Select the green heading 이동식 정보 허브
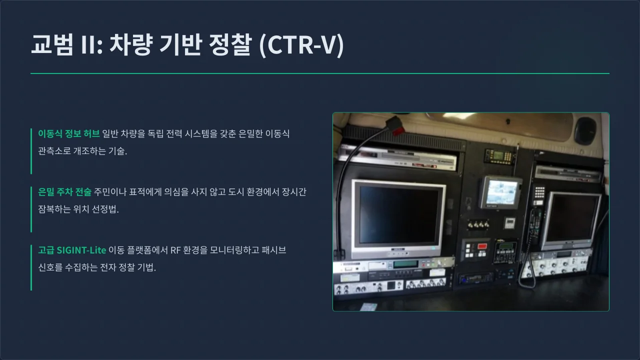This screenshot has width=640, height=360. click(x=68, y=133)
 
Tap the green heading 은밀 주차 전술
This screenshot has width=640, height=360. click(x=64, y=191)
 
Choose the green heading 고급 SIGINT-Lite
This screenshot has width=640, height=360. click(x=72, y=250)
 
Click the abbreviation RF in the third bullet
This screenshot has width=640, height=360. click(x=175, y=250)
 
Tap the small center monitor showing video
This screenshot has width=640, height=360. click(x=501, y=191)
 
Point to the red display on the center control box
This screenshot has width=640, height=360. click(x=482, y=246)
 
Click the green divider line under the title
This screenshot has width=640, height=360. click(x=320, y=73)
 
